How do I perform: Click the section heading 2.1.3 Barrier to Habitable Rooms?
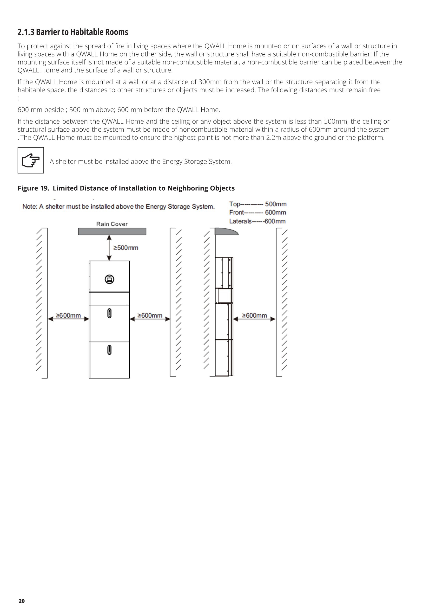73,32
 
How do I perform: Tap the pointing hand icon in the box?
31,160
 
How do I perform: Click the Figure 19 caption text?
126,188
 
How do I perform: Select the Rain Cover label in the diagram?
112,224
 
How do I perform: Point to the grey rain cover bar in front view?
112,231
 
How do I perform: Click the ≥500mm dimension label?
126,248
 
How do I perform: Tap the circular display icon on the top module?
109,279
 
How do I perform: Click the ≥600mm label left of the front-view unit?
68,315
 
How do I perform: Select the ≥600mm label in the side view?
254,315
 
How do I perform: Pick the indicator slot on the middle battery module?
109,313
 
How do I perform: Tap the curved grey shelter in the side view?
226,231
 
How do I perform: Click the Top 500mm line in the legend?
258,204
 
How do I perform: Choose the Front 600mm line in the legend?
257,212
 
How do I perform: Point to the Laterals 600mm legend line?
257,221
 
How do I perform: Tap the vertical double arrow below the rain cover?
109,248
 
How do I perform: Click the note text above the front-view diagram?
119,207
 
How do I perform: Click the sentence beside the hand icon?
140,161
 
